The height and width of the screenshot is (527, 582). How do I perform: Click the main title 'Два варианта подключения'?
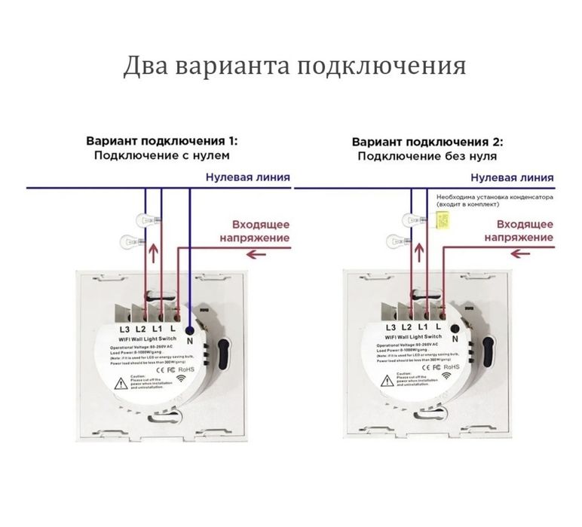tap(294, 66)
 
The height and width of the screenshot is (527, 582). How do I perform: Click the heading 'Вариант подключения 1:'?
tap(161, 141)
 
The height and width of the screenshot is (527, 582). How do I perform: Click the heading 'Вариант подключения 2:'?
tap(427, 141)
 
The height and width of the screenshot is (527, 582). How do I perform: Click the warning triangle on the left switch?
tap(121, 383)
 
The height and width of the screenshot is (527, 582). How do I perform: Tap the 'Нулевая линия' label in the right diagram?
tap(513, 178)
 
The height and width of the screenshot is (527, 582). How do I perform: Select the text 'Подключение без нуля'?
tap(427, 156)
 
